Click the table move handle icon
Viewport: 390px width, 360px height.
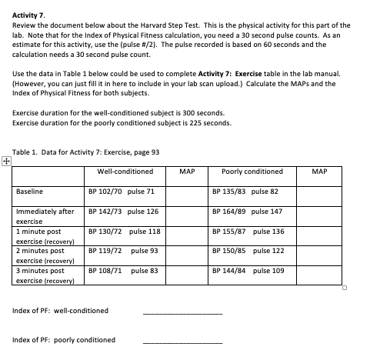pyautogui.click(x=7, y=162)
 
